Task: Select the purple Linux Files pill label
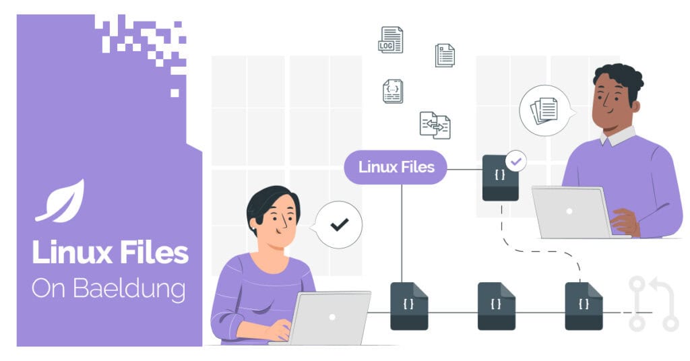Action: click(396, 167)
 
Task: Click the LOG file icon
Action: click(390, 40)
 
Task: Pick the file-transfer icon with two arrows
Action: click(435, 125)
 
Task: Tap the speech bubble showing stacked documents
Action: click(544, 110)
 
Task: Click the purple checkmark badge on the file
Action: click(516, 162)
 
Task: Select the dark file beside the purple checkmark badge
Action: click(500, 178)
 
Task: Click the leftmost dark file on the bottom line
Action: click(409, 306)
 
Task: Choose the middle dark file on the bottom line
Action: click(497, 306)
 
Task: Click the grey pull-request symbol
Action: click(652, 303)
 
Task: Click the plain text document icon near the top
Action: click(445, 55)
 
